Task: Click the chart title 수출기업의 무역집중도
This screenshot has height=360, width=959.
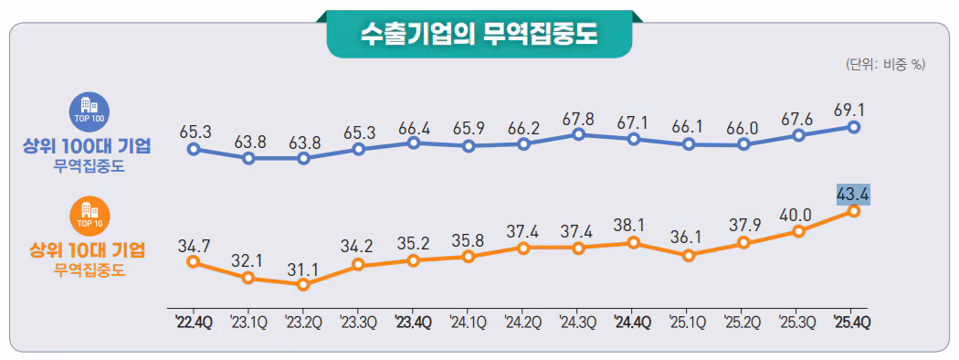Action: tap(479, 34)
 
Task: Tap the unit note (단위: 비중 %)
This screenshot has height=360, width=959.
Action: tap(885, 64)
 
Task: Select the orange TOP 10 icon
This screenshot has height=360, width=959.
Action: tap(90, 214)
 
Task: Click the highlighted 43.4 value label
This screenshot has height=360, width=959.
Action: tap(853, 194)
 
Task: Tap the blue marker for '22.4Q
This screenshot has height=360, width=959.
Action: tap(193, 148)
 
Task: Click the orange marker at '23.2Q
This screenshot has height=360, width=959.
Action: tap(303, 284)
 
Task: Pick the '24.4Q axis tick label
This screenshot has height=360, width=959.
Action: tap(633, 323)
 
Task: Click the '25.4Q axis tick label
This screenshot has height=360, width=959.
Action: tap(853, 323)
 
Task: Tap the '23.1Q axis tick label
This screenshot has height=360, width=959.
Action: tap(248, 323)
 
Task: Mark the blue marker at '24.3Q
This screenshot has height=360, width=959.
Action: tap(578, 134)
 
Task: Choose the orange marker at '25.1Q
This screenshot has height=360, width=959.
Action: tap(688, 256)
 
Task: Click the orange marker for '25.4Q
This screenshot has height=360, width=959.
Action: tap(853, 211)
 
